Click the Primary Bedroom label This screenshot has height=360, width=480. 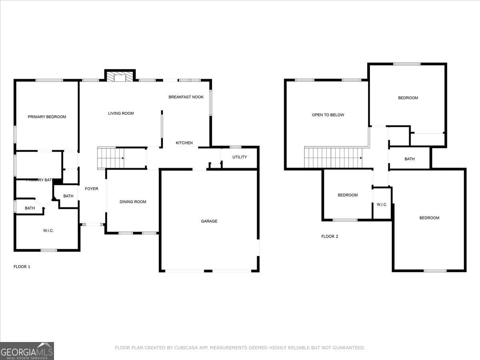tap(47, 117)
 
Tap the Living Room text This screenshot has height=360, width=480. tap(121, 113)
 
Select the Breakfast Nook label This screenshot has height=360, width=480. tap(186, 97)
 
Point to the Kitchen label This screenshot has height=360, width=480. tap(184, 143)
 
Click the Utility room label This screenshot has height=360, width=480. tap(240, 157)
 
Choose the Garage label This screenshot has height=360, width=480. tap(209, 221)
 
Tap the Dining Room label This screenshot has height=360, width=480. tap(133, 202)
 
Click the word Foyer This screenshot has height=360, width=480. tap(91, 189)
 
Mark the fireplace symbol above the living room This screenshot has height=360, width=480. tap(120, 77)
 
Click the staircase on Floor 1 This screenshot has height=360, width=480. tap(110, 158)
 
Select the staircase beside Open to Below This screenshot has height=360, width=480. tap(333, 158)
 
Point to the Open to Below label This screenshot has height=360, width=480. tap(328, 115)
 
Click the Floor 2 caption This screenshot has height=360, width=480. tap(330, 236)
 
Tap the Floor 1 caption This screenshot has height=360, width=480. tap(22, 266)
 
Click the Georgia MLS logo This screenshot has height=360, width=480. tap(27, 351)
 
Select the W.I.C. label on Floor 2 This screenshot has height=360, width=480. tap(382, 205)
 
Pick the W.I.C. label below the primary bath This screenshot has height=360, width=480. tap(48, 231)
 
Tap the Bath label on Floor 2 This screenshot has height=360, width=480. tap(410, 159)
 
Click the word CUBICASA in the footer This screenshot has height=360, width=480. tap(186, 348)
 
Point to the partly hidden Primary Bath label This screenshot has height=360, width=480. tap(39, 180)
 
